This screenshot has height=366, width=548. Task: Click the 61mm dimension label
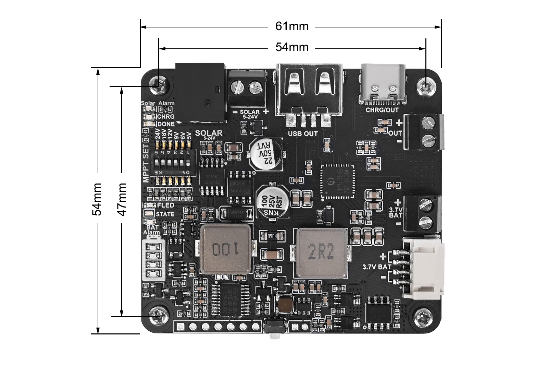[x=292, y=26]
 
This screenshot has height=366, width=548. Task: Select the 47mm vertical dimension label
[x=122, y=199]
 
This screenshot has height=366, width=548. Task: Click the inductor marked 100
[x=226, y=249]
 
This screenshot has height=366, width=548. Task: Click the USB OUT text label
[x=303, y=133]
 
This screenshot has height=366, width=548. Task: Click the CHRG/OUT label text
[x=382, y=110]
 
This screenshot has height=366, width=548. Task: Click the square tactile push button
[x=285, y=303]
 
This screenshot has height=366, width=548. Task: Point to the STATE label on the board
[x=165, y=214]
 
